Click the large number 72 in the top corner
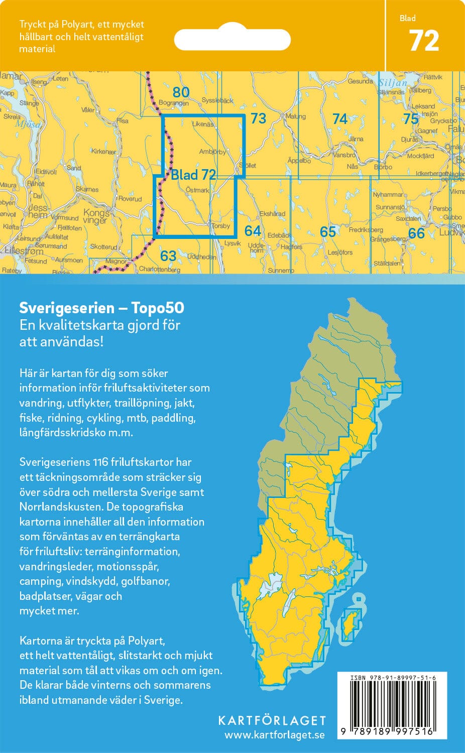coord(424,41)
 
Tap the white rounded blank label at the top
coord(232,39)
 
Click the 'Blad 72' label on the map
coord(193,175)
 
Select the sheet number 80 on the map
coord(181,92)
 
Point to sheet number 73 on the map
coord(258,118)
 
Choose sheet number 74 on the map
coord(340,119)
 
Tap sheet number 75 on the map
coord(411,119)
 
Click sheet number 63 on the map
coord(168,256)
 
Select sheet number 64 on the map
coord(253,230)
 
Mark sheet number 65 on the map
coord(327,231)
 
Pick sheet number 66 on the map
coord(416,233)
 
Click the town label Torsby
coord(220,226)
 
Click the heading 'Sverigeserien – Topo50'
coord(101,308)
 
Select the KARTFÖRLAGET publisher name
coord(272,720)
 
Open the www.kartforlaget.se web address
coord(274,735)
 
